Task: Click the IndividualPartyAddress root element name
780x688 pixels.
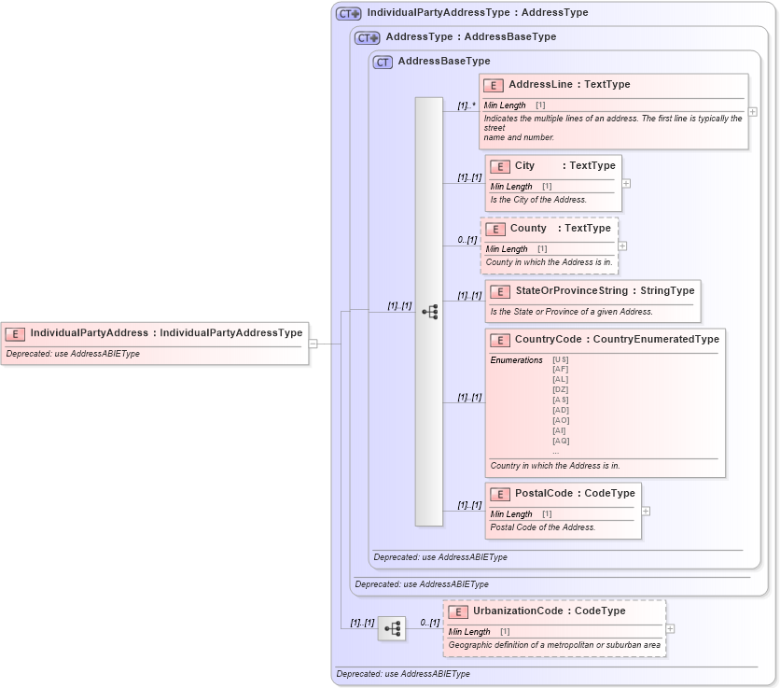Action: click(89, 333)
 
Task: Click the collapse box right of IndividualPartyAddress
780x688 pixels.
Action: click(313, 344)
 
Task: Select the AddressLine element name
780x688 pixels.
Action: click(541, 85)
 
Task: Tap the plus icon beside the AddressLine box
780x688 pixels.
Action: click(753, 112)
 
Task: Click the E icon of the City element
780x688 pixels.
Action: click(500, 166)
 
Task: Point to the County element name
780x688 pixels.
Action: click(528, 229)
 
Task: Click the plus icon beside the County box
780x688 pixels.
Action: click(622, 246)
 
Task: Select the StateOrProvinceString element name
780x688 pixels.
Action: click(571, 291)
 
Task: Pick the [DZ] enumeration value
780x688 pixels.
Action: click(560, 389)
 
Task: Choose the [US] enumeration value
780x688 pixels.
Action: click(560, 359)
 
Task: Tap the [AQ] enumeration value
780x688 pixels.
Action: click(560, 441)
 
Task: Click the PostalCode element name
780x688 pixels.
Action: click(545, 494)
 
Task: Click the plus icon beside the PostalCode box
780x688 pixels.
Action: click(646, 512)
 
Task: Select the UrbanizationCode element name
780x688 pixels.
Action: click(518, 611)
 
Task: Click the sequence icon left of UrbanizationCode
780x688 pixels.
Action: click(392, 629)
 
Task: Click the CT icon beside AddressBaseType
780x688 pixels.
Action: click(383, 63)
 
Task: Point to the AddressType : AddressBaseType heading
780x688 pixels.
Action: click(470, 37)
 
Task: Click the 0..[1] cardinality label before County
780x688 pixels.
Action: click(467, 241)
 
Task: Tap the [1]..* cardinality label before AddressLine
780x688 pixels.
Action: click(467, 106)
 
